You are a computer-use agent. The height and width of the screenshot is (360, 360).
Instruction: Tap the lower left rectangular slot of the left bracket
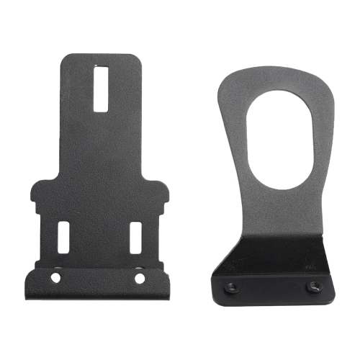[63, 237]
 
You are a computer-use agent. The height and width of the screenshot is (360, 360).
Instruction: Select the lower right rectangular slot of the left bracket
[135, 237]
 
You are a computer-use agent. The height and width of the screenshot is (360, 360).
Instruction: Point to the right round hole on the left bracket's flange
[140, 277]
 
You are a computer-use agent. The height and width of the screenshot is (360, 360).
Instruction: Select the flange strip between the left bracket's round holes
[99, 278]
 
